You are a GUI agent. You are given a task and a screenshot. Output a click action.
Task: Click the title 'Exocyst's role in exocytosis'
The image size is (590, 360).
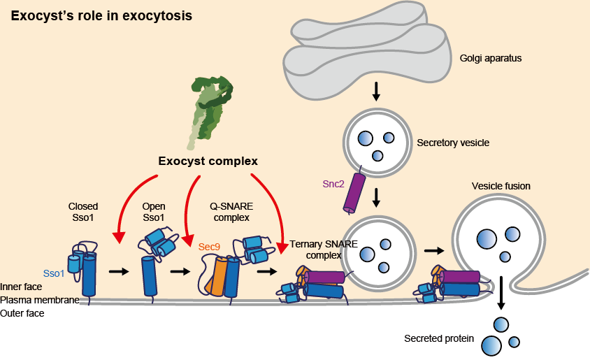[x=101, y=15]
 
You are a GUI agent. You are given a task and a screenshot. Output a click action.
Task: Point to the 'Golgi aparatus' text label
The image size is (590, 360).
[x=491, y=58]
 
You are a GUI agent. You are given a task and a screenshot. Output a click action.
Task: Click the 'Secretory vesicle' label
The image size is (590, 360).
[x=453, y=143]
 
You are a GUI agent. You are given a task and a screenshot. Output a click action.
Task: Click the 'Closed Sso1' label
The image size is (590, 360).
[x=83, y=213]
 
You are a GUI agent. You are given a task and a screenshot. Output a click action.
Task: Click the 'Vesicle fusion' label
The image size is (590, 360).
[x=501, y=186]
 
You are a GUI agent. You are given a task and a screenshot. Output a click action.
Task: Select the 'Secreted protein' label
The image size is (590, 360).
[x=439, y=339]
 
